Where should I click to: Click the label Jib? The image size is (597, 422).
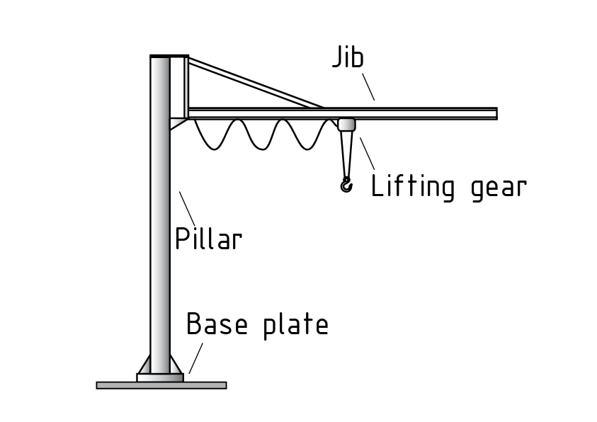coord(348,58)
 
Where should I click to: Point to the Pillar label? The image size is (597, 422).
coord(208,239)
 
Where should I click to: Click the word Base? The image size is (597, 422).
coord(217,324)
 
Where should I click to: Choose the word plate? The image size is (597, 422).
coord(296,325)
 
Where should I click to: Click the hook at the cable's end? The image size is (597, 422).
coord(346,186)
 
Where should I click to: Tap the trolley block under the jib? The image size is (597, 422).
coord(347,125)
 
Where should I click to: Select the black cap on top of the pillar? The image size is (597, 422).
coord(169,56)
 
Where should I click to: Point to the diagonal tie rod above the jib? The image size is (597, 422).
coord(255,84)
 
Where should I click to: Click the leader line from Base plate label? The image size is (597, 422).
coord(196,358)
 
